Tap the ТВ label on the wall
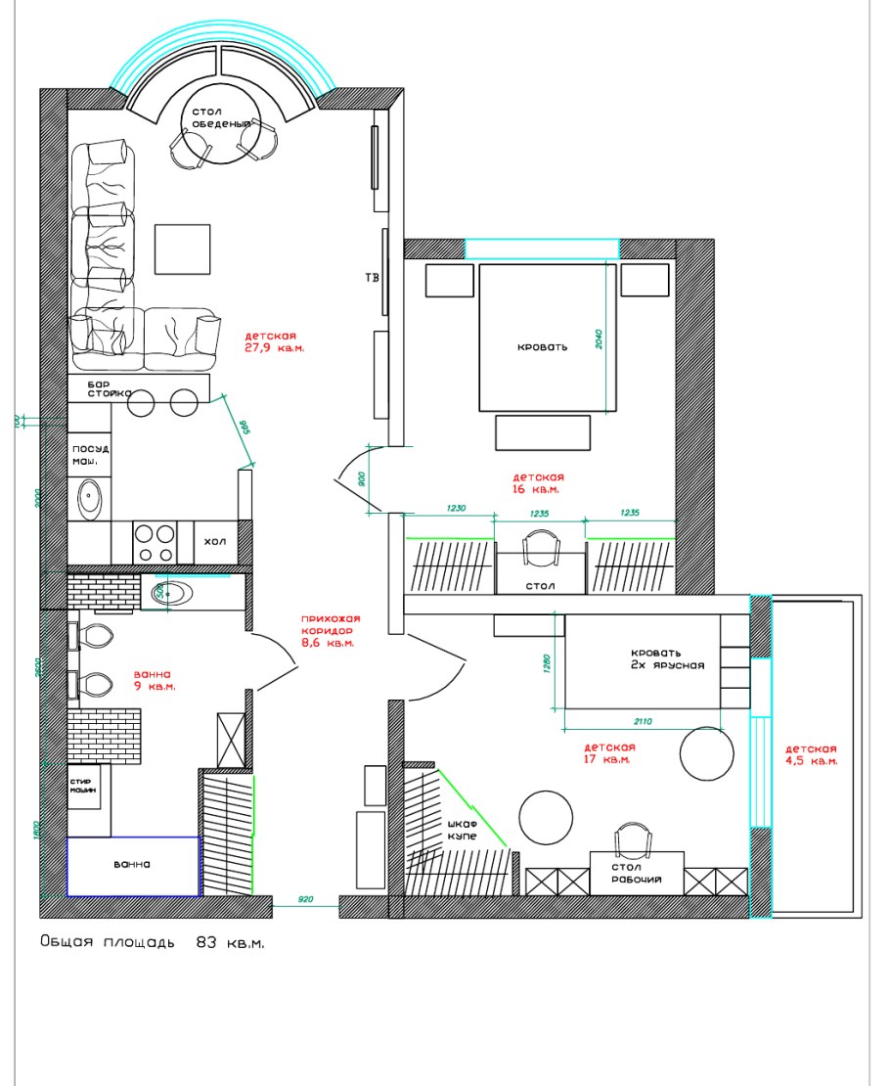point(372,278)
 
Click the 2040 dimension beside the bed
point(600,339)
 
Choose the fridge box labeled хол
point(214,540)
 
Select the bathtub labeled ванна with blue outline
point(133,866)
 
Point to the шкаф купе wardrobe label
point(462,832)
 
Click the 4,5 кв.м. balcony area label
point(813,760)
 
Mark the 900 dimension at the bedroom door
point(363,479)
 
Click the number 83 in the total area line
point(205,943)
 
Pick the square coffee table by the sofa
point(183,249)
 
